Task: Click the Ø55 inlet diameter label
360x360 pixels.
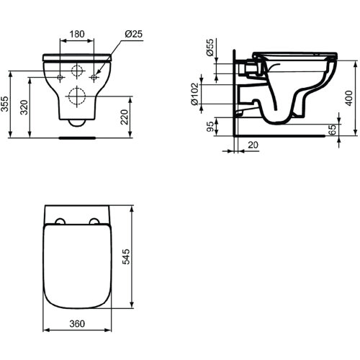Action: [209, 49]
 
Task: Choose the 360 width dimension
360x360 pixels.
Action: [78, 324]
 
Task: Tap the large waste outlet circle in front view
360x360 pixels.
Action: [77, 96]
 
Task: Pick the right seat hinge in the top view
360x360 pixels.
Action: [94, 220]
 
